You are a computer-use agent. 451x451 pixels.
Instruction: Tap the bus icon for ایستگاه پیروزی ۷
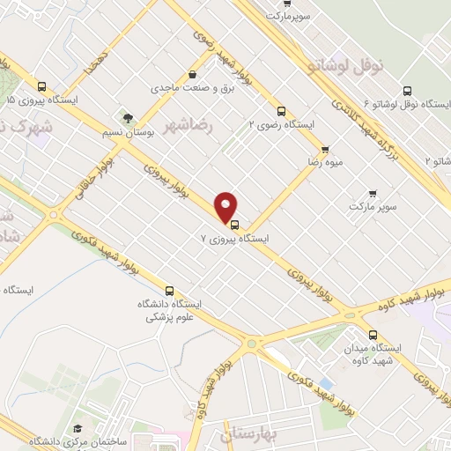(x=233, y=223)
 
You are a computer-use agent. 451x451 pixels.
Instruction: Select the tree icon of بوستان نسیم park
(x=129, y=117)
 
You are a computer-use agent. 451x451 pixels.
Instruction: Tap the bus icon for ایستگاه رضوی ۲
(x=281, y=112)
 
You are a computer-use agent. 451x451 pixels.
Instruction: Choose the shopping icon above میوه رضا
(x=325, y=150)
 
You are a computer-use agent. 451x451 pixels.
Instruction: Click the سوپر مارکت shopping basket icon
(x=373, y=193)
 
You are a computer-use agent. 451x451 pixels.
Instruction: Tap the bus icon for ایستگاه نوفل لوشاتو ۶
(x=406, y=91)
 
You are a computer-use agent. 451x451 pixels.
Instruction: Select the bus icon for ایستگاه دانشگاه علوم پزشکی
(x=169, y=290)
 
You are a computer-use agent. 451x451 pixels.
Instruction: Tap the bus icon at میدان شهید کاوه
(x=373, y=335)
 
